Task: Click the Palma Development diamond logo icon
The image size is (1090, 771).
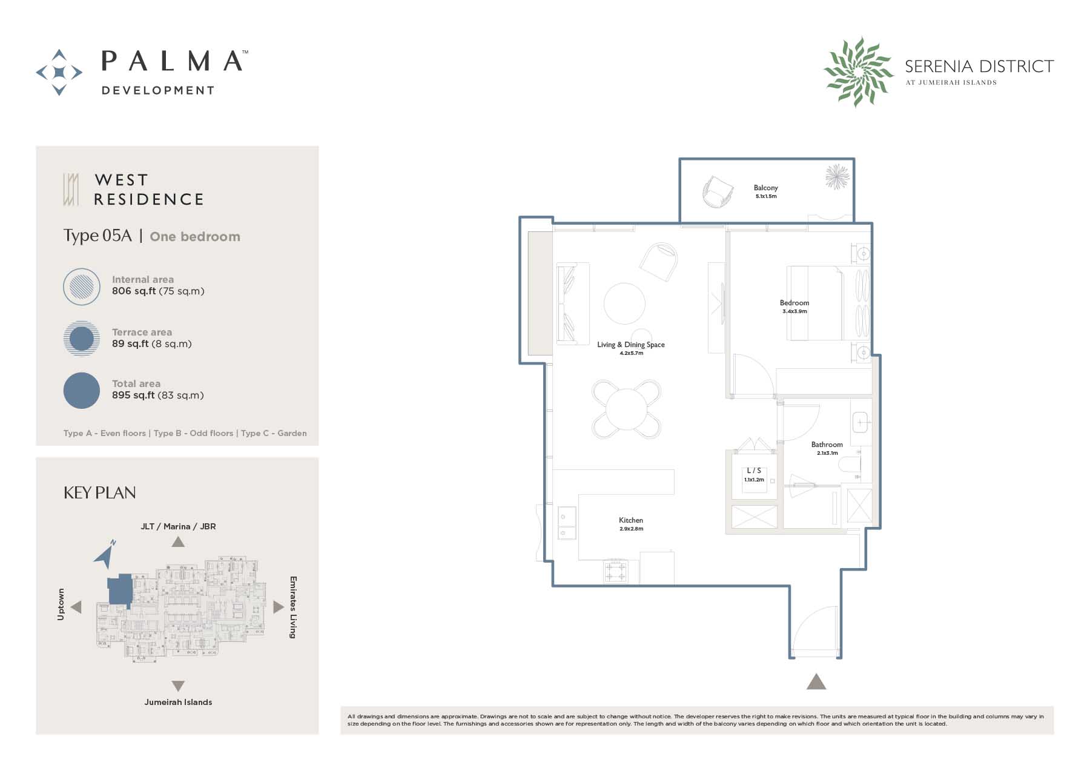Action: click(59, 72)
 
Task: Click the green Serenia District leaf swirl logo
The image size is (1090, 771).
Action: click(858, 71)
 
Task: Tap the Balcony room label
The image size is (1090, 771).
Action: click(765, 188)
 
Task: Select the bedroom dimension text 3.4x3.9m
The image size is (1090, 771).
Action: click(794, 311)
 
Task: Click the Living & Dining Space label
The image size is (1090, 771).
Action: click(630, 345)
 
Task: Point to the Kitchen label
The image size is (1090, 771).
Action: click(630, 520)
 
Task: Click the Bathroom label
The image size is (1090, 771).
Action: click(827, 445)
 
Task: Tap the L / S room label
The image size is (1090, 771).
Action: click(754, 471)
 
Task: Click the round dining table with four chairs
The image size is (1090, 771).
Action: click(627, 409)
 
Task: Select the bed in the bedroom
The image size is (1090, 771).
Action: click(814, 303)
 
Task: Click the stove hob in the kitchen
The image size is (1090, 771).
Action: click(616, 571)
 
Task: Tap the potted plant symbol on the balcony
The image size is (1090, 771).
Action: click(837, 177)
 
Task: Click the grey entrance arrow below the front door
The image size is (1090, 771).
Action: click(816, 682)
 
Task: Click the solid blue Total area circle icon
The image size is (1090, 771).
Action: click(82, 390)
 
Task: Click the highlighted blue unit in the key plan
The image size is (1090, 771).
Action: click(121, 589)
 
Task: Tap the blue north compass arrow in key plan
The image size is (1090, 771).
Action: click(106, 554)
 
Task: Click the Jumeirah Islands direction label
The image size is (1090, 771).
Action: click(178, 703)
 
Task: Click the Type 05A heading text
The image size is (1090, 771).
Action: click(97, 236)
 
